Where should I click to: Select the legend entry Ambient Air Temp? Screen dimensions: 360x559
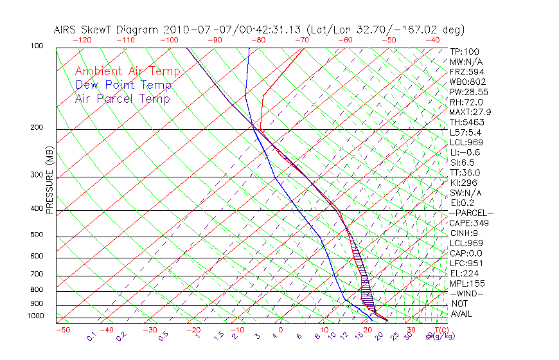(x=127, y=71)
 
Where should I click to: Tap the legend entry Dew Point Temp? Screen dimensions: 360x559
(x=123, y=85)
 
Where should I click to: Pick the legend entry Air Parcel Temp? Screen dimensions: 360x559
(x=123, y=98)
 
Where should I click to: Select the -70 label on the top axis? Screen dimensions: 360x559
(x=301, y=39)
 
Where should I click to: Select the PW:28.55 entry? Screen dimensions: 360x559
(x=468, y=92)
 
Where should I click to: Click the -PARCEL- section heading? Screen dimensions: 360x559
(x=471, y=213)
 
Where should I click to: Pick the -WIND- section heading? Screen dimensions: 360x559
(x=467, y=293)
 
